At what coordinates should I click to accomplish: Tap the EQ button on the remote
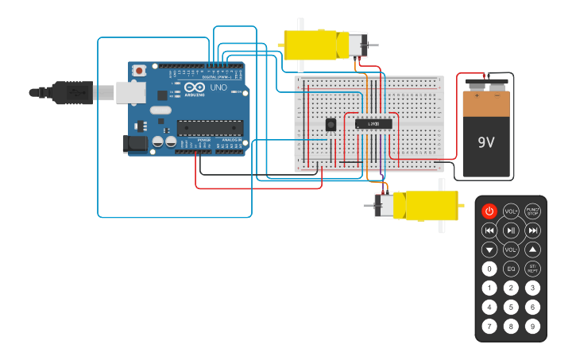pos(511,269)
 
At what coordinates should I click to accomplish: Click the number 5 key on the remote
pos(511,307)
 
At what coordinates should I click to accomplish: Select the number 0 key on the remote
pos(489,269)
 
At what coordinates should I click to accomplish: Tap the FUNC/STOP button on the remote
pos(532,211)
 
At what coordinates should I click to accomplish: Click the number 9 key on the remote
pos(532,326)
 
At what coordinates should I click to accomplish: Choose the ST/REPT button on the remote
pos(532,269)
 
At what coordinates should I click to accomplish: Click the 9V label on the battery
pos(486,143)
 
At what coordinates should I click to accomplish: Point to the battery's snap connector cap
pos(486,83)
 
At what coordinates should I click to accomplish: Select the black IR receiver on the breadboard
pos(331,125)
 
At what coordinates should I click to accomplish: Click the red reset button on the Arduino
pos(140,71)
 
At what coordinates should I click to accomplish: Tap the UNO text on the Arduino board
pos(218,87)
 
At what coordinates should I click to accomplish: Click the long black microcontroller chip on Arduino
pos(210,126)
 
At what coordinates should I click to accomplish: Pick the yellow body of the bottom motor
pos(427,206)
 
